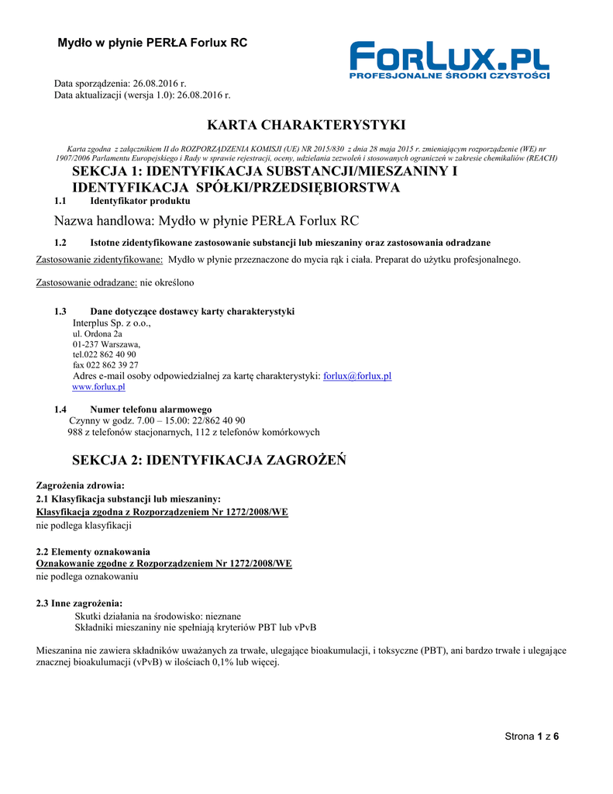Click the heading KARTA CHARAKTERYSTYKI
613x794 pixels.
306,125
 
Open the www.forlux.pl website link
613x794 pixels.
98,387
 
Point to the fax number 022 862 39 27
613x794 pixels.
105,365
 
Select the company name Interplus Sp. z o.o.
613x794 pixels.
112,323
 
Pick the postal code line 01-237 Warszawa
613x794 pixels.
106,344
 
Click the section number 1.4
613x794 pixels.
60,409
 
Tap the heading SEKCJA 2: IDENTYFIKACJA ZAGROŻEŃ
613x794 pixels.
209,461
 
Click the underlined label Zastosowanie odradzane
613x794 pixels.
87,282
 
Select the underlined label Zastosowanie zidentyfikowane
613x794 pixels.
100,260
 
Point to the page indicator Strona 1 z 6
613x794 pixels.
532,737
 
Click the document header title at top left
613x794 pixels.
153,43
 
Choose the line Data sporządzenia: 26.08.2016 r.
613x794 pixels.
120,83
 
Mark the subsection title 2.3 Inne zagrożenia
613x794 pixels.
79,603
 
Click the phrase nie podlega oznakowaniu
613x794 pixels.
88,577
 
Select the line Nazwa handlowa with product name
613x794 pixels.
206,221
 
